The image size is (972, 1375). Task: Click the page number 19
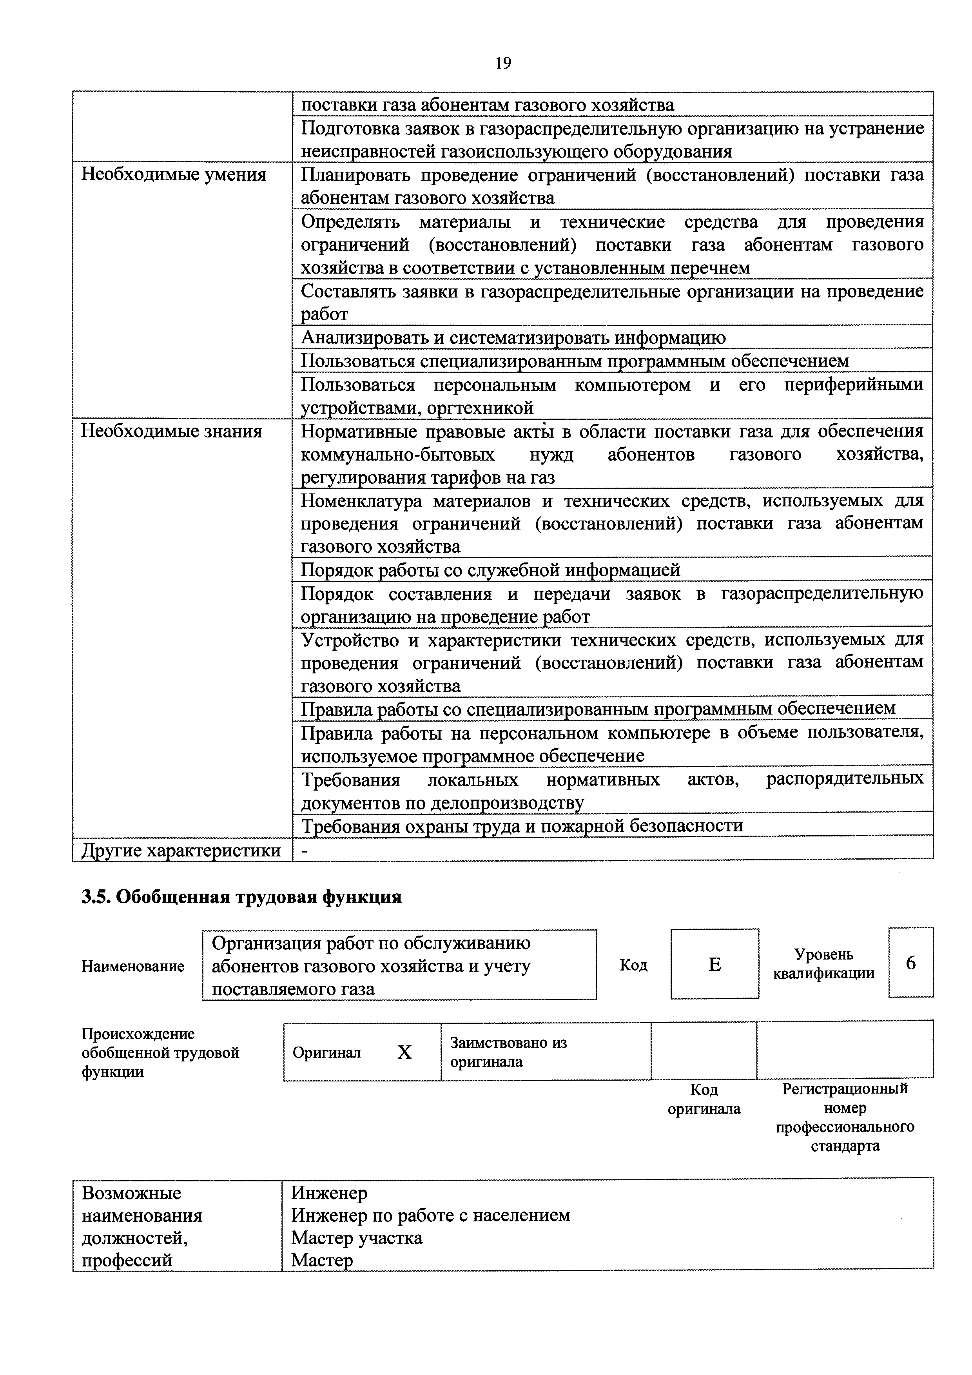(503, 63)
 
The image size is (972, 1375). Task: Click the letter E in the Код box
(714, 964)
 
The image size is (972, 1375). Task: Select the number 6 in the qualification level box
(910, 963)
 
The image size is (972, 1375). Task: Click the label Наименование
(133, 966)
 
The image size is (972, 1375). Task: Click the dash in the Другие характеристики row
(304, 851)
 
